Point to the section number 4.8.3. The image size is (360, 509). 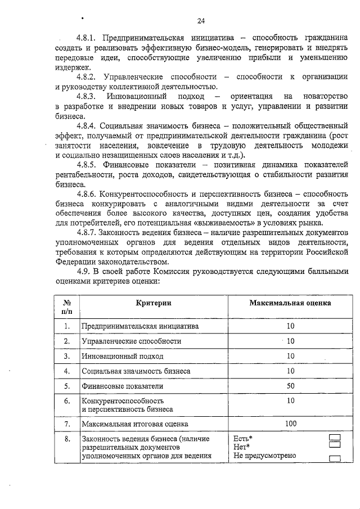tap(89, 97)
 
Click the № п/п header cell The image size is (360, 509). tap(67, 307)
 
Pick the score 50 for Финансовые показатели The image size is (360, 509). tap(290, 386)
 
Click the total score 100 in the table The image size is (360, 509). tap(290, 424)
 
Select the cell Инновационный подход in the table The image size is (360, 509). tap(123, 356)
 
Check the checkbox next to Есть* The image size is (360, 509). tap(335, 438)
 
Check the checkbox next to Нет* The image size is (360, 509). tap(335, 447)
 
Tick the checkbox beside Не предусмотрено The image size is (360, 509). tap(335, 457)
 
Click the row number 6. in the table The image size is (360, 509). tap(67, 401)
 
